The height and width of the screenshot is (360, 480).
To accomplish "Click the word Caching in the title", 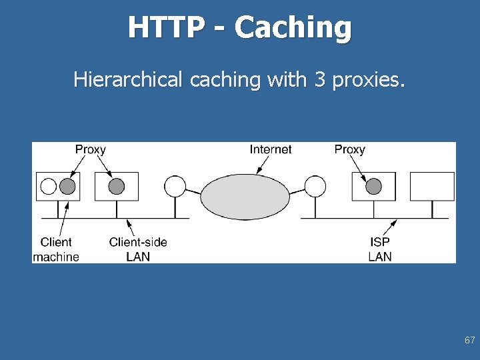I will [x=293, y=28].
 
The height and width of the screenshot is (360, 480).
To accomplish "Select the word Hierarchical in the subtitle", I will [x=127, y=79].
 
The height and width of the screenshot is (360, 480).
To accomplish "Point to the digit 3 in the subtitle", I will [x=319, y=79].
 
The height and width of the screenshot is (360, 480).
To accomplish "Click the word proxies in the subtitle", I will [x=367, y=80].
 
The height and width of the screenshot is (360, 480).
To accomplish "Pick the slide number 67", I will [x=469, y=340].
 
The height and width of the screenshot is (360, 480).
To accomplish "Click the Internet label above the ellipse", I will [x=270, y=149].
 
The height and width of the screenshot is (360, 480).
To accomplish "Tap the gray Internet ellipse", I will [x=245, y=197].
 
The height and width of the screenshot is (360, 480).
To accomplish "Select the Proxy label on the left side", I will [x=90, y=149].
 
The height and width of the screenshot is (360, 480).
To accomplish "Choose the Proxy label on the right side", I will [x=349, y=149].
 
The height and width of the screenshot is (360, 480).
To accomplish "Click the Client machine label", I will [x=56, y=249].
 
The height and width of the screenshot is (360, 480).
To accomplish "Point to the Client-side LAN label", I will [x=138, y=249].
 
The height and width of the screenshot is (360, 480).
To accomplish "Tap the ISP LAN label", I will [x=380, y=249].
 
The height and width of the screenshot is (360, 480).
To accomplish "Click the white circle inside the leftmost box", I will [x=49, y=186].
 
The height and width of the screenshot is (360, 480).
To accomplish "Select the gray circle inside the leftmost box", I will [x=67, y=186].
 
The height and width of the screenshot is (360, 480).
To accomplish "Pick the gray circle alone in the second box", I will [x=117, y=186].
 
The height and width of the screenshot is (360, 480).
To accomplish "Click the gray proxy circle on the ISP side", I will [x=373, y=186].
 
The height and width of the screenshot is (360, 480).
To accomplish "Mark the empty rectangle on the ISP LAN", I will [x=432, y=186].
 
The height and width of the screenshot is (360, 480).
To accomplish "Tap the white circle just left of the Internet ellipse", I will [x=175, y=186].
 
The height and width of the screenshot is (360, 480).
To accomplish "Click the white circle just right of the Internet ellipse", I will [x=315, y=186].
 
